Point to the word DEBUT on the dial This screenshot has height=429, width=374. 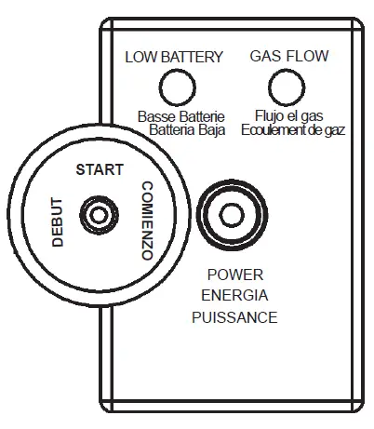58,221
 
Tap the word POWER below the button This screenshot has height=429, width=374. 234,275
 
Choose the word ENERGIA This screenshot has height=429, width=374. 234,296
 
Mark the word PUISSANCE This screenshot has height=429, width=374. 234,317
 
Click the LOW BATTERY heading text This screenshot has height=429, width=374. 174,57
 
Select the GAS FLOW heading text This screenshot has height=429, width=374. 288,57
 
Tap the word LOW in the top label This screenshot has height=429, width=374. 140,57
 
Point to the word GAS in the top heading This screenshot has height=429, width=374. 265,57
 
